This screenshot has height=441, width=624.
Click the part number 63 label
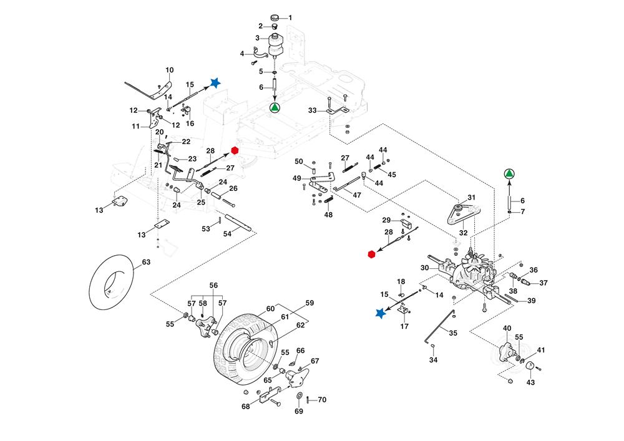point(146,263)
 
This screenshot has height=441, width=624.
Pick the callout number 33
point(313,110)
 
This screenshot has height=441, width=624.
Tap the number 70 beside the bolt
point(322,400)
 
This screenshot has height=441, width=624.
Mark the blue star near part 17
point(380,314)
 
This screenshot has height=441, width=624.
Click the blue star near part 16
point(215,82)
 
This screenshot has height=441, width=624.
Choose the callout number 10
point(169,69)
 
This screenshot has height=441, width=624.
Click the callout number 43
point(531,382)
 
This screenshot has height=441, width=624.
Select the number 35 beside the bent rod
point(453,333)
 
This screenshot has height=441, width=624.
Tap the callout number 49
point(297,178)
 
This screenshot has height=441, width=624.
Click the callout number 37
point(544,283)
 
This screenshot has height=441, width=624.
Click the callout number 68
point(246,407)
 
